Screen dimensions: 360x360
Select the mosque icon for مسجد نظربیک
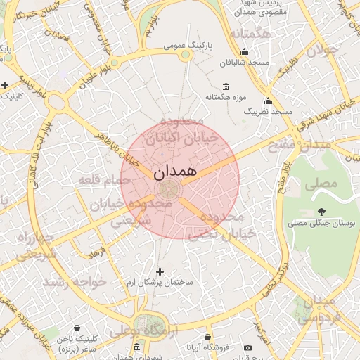268,101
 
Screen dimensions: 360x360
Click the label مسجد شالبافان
244,63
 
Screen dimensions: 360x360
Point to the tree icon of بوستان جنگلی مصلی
322,211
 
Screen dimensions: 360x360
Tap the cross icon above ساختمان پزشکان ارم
160,271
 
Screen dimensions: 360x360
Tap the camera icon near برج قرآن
247,347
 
